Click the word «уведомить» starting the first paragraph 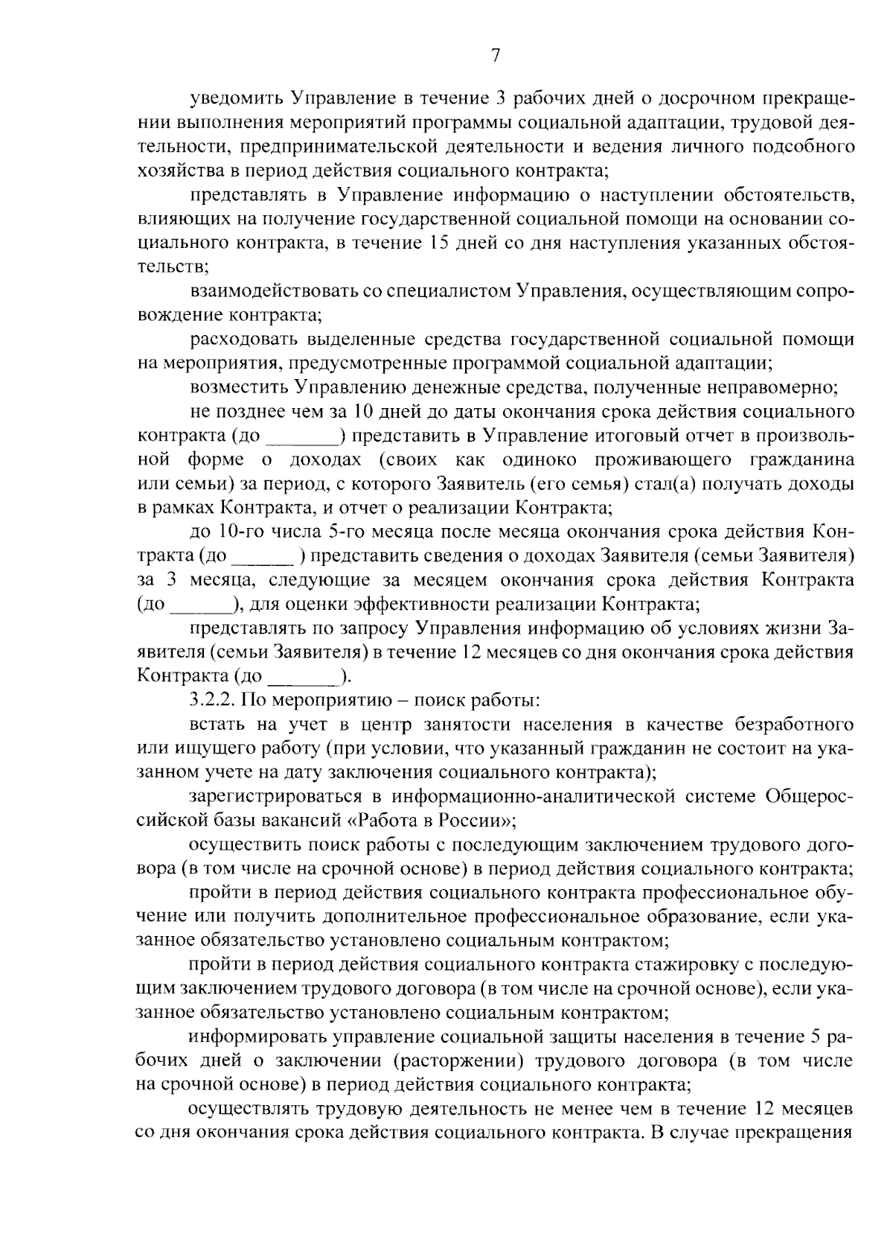(x=236, y=98)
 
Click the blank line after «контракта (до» (x=301, y=437)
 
